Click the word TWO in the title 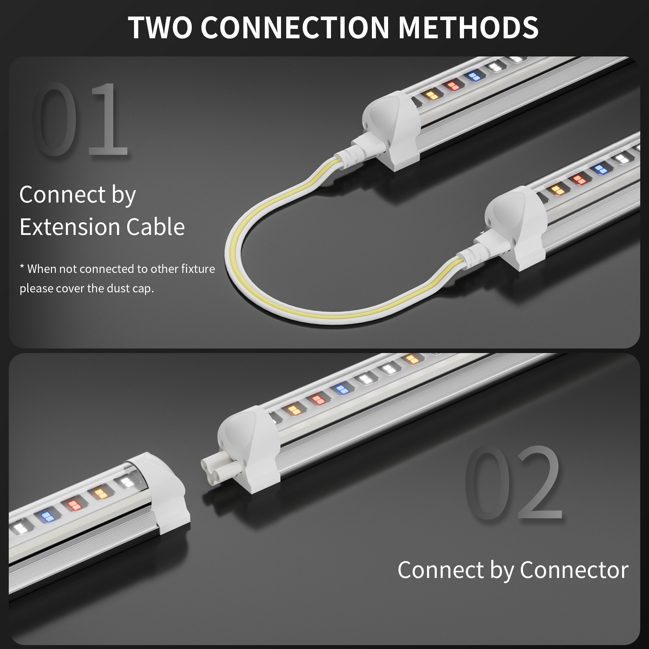point(160,27)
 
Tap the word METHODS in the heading point(468,27)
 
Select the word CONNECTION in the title point(295,27)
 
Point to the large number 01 point(80,119)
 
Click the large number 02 point(514,482)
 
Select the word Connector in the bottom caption point(574,570)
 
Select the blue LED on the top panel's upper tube point(474,77)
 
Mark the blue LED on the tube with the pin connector point(342,389)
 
